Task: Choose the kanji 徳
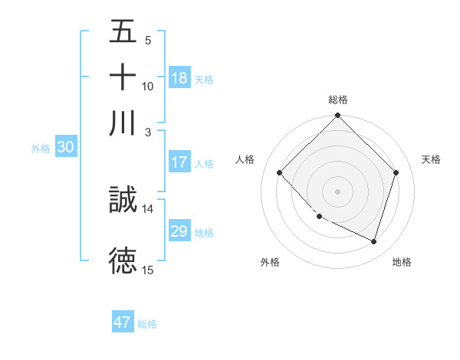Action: coord(123,260)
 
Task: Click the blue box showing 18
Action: coord(179,78)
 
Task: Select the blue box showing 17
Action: coord(179,162)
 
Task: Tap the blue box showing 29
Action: coord(179,231)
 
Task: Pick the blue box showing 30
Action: coord(65,149)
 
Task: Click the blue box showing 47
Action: coord(123,322)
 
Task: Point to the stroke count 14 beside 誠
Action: coord(148,208)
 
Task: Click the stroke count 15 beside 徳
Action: coord(148,269)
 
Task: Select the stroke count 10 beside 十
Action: coord(148,86)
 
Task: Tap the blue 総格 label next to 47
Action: coord(147,324)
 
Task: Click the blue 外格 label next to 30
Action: coord(41,149)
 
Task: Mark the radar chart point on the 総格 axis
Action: coord(337,116)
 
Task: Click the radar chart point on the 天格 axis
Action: coord(396,172)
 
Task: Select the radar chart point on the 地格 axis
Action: coord(374,241)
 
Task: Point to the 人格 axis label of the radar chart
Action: coord(245,159)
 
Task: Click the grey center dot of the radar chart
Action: coord(337,191)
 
